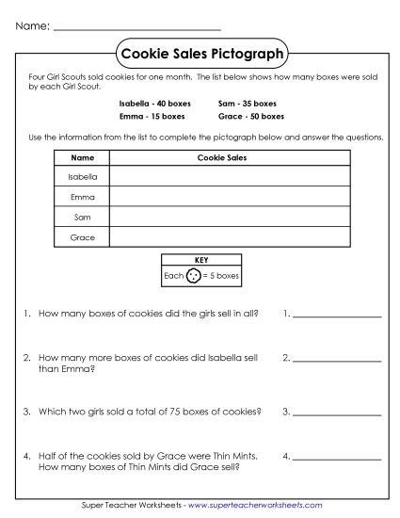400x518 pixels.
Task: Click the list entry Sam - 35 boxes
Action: point(247,103)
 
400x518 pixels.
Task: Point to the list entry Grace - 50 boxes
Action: point(249,116)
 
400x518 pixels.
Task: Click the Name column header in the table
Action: point(83,158)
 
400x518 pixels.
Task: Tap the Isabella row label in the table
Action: point(83,177)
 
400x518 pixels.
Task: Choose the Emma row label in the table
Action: point(83,198)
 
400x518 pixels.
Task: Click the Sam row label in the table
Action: point(83,218)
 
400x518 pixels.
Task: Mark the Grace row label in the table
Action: point(83,238)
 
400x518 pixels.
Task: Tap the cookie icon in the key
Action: point(194,277)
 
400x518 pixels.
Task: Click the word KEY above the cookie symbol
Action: point(200,261)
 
